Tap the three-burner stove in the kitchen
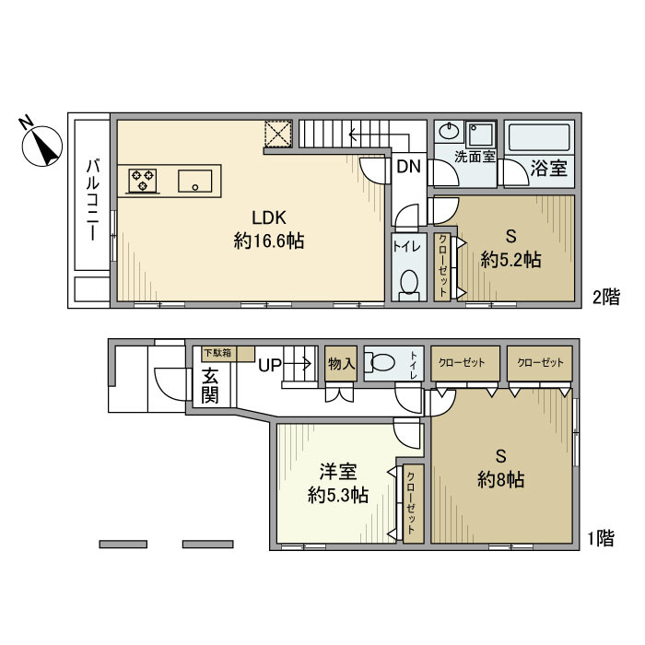143,181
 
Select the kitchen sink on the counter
195,181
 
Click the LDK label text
269,217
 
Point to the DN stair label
408,166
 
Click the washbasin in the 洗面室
449,132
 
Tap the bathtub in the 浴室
539,137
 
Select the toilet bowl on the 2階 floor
408,284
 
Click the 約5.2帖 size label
510,260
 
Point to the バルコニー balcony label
93,200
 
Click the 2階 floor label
606,297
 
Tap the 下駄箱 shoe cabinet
228,354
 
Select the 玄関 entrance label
210,386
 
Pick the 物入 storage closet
341,364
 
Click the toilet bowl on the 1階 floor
381,362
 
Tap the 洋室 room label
338,472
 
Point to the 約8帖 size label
500,480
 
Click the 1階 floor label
601,538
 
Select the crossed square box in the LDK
278,134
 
